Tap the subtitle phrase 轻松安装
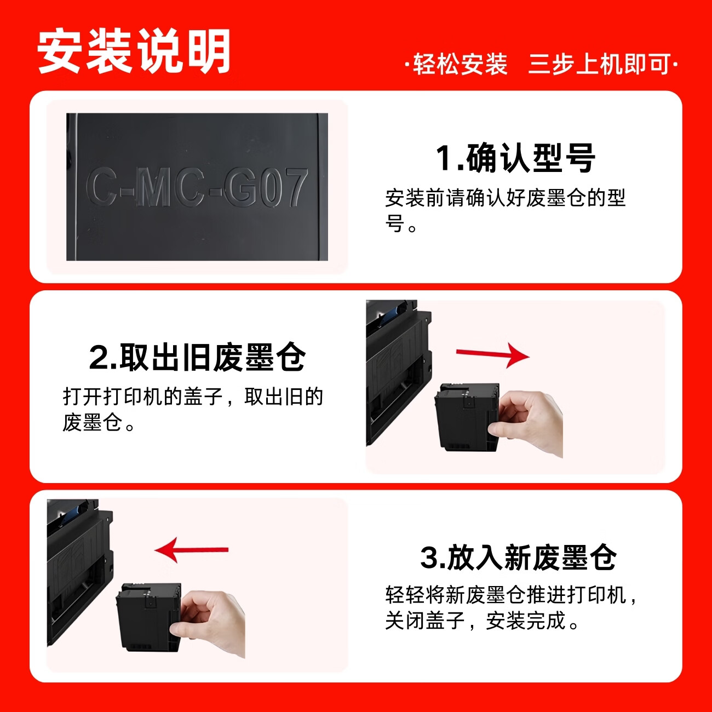pos(460,65)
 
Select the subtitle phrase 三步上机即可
pos(599,65)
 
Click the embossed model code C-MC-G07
pos(197,188)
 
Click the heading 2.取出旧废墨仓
pos(197,357)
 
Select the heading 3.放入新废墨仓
pos(518,558)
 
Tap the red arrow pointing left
pos(192,549)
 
